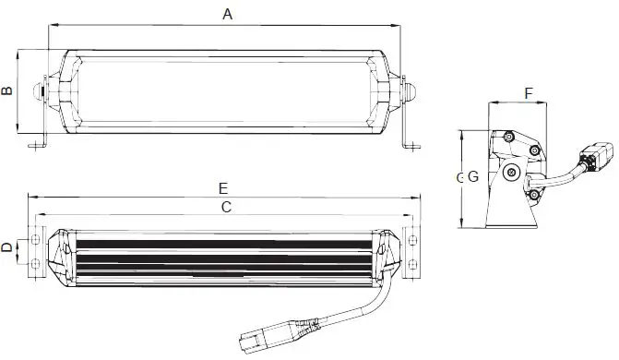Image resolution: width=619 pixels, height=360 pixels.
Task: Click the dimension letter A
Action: click(227, 13)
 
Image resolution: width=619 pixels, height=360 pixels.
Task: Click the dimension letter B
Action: click(7, 90)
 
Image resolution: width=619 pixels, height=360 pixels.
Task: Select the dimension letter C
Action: click(225, 209)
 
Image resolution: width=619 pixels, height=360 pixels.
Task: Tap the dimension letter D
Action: click(7, 248)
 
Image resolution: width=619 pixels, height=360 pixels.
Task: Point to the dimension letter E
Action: click(223, 188)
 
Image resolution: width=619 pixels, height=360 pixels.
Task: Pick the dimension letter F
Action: click(528, 94)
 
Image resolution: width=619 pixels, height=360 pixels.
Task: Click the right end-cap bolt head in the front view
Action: click(411, 90)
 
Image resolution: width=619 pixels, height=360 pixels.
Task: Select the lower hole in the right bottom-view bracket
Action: click(410, 264)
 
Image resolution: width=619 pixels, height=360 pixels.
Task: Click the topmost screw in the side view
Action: click(508, 138)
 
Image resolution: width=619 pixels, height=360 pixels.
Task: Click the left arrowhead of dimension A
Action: click(50, 25)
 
